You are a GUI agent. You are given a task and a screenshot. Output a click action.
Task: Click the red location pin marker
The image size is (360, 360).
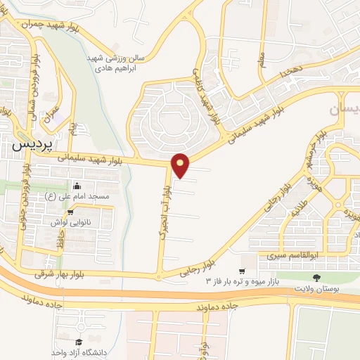pyautogui.click(x=181, y=165)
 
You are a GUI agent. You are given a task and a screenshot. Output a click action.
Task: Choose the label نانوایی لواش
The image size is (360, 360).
pyautogui.click(x=70, y=221)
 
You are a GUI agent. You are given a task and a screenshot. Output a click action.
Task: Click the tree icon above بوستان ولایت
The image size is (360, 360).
pyautogui.click(x=316, y=278)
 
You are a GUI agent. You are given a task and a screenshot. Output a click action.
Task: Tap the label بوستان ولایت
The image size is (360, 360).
pyautogui.click(x=316, y=288)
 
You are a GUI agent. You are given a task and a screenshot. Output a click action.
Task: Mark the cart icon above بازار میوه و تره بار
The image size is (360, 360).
pyautogui.click(x=242, y=271)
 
